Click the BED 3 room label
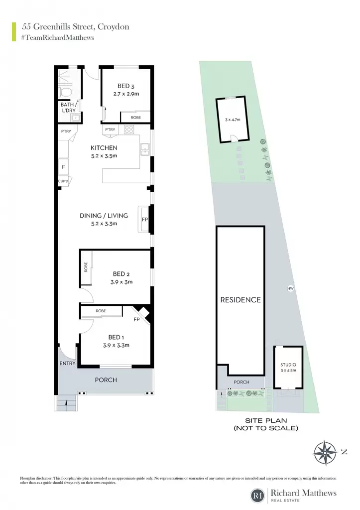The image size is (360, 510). point(126,86)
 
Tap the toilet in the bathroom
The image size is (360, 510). point(65,92)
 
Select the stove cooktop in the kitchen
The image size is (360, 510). point(129,129)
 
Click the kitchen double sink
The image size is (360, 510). point(144,149)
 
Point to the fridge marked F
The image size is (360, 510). point(63,167)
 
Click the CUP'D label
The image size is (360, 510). point(63,181)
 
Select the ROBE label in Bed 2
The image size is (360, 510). point(86,267)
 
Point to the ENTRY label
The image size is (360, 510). point(67,363)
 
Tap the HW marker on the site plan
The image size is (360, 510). point(290,288)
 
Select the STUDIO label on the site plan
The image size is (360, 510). point(288,365)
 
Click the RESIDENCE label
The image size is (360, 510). point(240,300)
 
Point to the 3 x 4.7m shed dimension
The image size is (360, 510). point(233,120)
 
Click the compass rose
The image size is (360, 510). point(325,453)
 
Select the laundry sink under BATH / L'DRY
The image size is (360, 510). point(76,118)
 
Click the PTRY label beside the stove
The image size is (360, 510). point(110,129)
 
